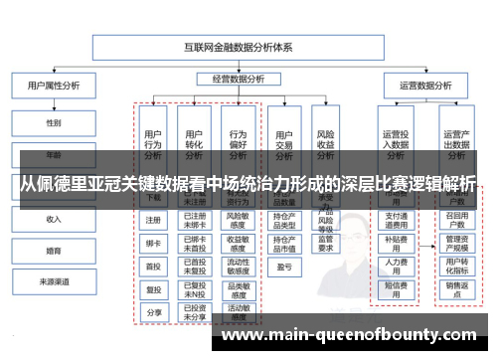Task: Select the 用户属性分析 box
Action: [53, 86]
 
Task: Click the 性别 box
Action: [53, 123]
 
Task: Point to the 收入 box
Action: [53, 218]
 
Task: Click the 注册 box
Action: [153, 220]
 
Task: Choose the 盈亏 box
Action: [283, 267]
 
